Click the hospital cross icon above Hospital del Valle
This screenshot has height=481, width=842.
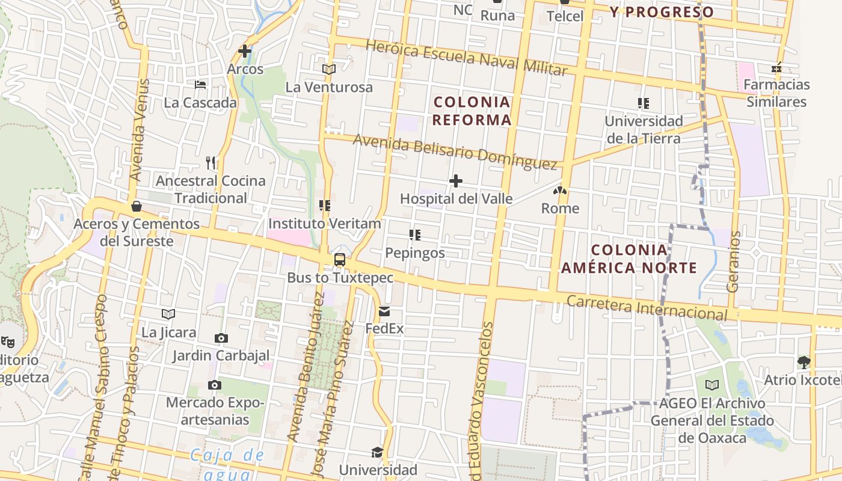456,180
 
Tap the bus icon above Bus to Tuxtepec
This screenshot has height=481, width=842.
340,260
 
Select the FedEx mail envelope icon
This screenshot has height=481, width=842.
384,311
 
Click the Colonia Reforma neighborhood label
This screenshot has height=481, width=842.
472,111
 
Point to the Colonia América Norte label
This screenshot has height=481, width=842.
629,259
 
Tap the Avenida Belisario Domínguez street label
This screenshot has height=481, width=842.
455,152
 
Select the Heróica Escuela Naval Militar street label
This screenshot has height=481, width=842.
466,58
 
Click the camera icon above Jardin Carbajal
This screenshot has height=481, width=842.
221,338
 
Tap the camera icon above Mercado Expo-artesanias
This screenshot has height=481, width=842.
215,385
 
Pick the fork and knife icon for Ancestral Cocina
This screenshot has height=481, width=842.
210,162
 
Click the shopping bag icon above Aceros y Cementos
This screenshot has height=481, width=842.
137,206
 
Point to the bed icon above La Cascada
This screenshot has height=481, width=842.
200,85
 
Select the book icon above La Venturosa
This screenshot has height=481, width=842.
328,69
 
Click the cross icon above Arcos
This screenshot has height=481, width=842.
245,51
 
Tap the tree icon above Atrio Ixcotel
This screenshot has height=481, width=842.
804,362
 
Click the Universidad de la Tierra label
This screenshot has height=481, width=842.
644,129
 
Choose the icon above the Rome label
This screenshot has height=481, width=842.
560,191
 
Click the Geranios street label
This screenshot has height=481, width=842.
733,262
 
